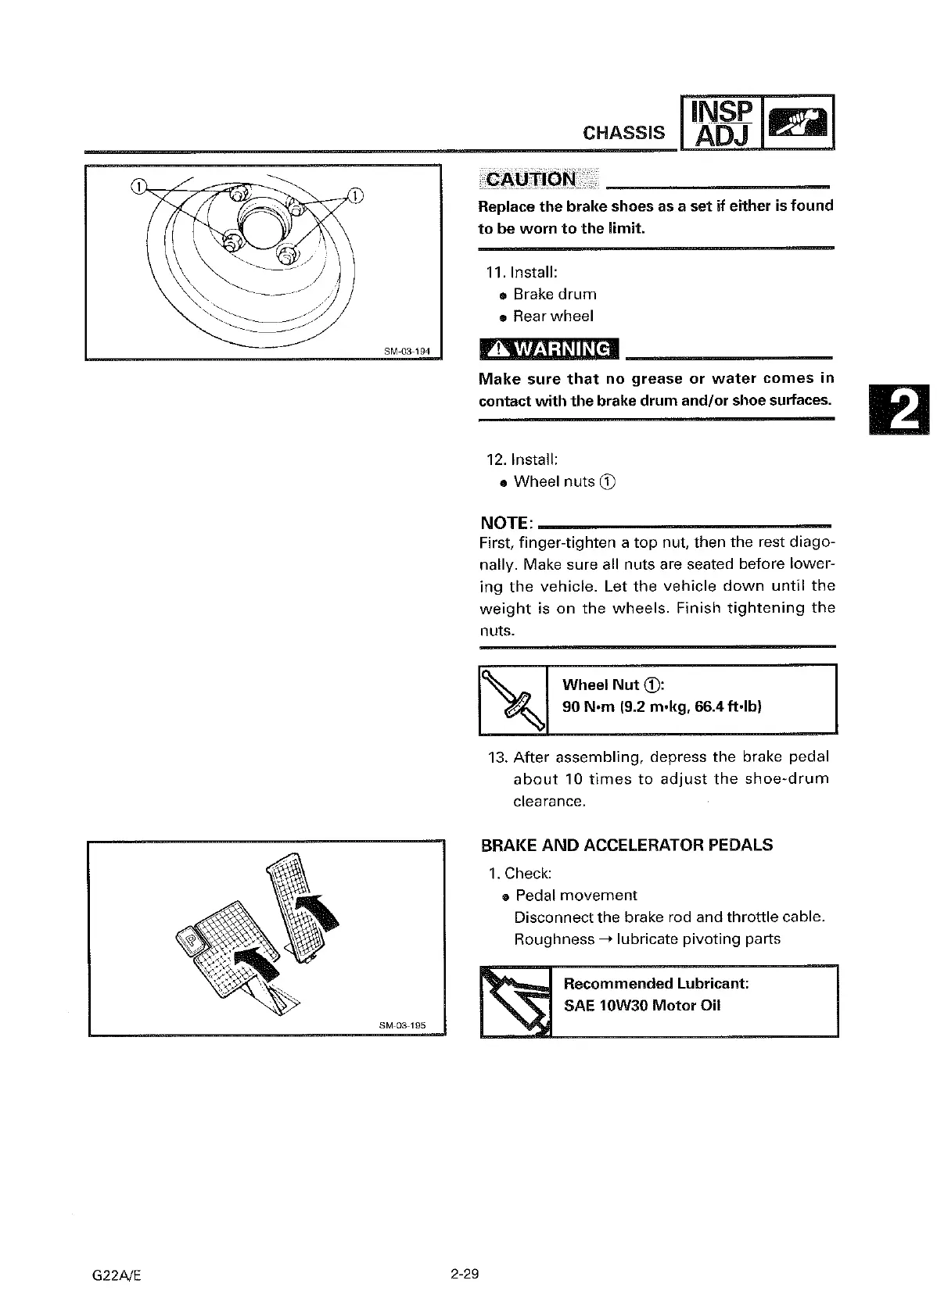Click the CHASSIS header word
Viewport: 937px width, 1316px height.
point(623,133)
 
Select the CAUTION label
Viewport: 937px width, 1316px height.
point(531,179)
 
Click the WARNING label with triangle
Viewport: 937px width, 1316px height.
point(548,349)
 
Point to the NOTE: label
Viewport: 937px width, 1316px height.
point(507,522)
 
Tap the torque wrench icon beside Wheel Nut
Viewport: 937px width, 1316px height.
point(512,699)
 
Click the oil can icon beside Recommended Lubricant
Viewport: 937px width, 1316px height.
point(515,1001)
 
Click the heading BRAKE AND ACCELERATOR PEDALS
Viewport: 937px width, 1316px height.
point(626,846)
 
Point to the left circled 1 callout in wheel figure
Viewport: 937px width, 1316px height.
point(138,186)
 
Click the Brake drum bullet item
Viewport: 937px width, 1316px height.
point(555,294)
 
